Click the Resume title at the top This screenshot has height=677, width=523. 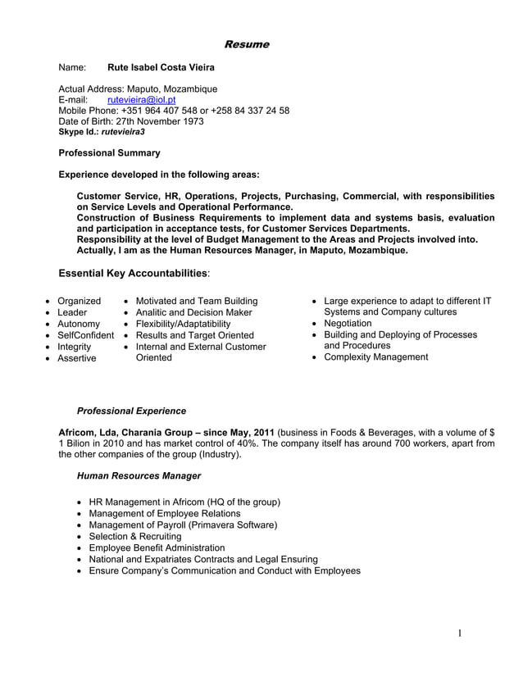246,44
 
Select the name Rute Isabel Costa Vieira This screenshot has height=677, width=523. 161,68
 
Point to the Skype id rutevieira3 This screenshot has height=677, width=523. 122,131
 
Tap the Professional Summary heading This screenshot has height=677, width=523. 110,152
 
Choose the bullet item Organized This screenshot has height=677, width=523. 79,301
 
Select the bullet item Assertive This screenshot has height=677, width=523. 76,358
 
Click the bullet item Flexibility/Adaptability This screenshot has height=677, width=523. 183,324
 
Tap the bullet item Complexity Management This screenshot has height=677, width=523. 375,357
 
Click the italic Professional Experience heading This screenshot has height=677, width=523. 130,411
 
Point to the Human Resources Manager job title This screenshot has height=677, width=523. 138,475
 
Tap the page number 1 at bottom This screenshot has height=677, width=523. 460,632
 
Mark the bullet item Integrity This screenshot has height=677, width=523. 74,347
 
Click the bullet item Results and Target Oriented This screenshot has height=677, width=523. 194,335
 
